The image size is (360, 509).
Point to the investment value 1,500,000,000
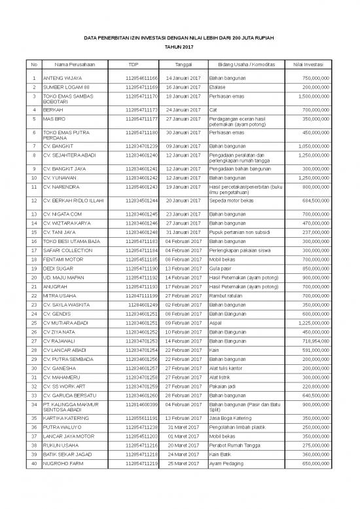coord(308,96)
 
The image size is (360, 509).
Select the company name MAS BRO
coord(52,120)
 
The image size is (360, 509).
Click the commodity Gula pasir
coord(219,269)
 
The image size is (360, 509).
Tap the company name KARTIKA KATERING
coord(67,436)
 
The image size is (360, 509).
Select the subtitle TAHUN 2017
coord(179,47)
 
